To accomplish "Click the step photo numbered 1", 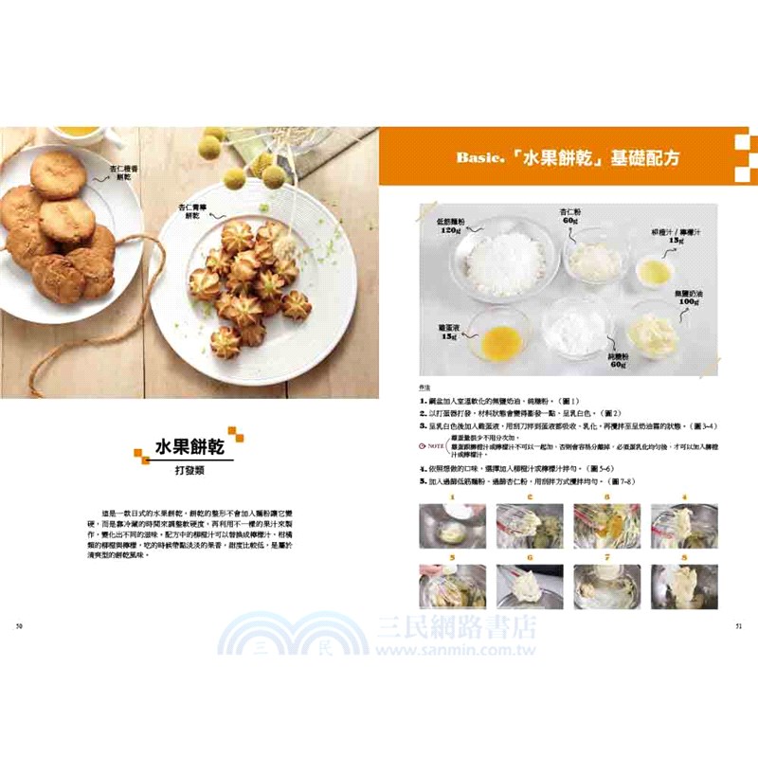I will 453,525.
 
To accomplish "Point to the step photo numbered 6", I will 531,587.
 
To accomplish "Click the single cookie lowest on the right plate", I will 226,343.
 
